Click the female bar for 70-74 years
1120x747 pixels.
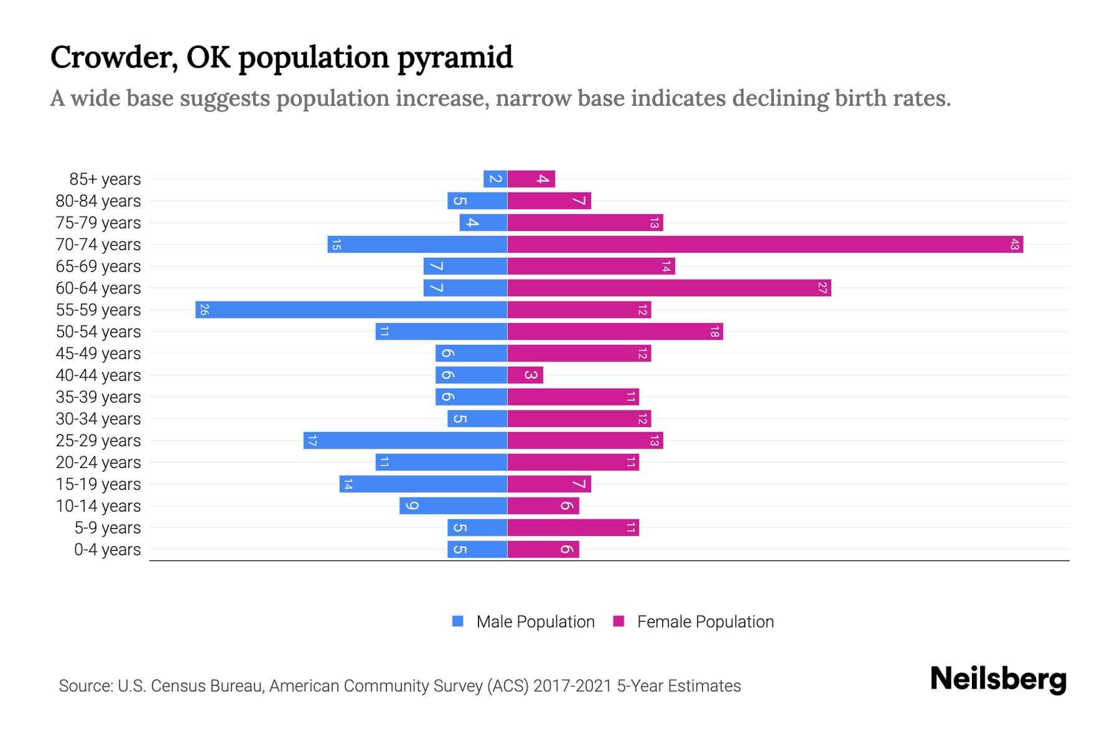click(765, 245)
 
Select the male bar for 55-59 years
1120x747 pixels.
click(352, 310)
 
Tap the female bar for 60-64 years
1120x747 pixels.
click(669, 288)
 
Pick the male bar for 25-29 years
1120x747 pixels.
click(406, 441)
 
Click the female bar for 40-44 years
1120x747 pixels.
click(525, 375)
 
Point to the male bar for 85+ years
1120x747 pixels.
click(495, 179)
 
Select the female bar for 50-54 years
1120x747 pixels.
click(615, 332)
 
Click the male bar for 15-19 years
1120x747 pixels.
click(423, 484)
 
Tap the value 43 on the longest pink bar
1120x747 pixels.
click(1014, 245)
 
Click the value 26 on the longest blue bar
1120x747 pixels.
click(204, 310)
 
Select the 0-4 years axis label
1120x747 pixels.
click(107, 550)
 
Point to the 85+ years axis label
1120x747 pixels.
click(105, 179)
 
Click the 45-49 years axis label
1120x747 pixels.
click(98, 354)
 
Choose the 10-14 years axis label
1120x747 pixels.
click(98, 506)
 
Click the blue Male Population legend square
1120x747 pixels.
click(458, 621)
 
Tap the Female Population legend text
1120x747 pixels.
click(705, 622)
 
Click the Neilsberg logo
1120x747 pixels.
click(998, 679)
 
